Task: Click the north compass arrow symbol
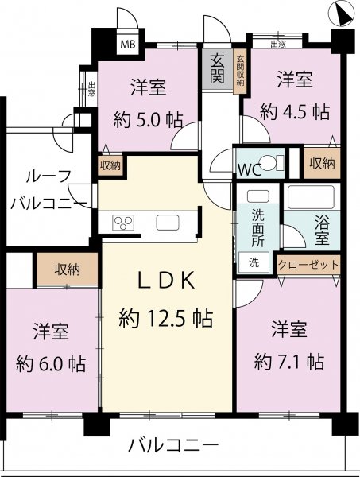342,14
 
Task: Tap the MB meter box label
128,45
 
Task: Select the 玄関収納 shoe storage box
241,71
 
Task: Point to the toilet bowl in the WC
271,163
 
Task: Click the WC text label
249,170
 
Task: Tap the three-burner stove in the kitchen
123,223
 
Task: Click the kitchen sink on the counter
168,223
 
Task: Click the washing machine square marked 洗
254,262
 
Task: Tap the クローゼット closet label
308,265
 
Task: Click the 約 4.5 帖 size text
295,112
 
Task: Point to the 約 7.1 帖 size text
288,362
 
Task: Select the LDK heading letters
167,281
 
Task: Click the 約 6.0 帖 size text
51,363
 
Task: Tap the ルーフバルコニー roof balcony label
48,191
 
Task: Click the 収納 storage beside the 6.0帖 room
68,270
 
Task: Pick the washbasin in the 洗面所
258,196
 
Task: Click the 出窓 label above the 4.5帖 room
278,45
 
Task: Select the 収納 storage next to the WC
322,163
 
